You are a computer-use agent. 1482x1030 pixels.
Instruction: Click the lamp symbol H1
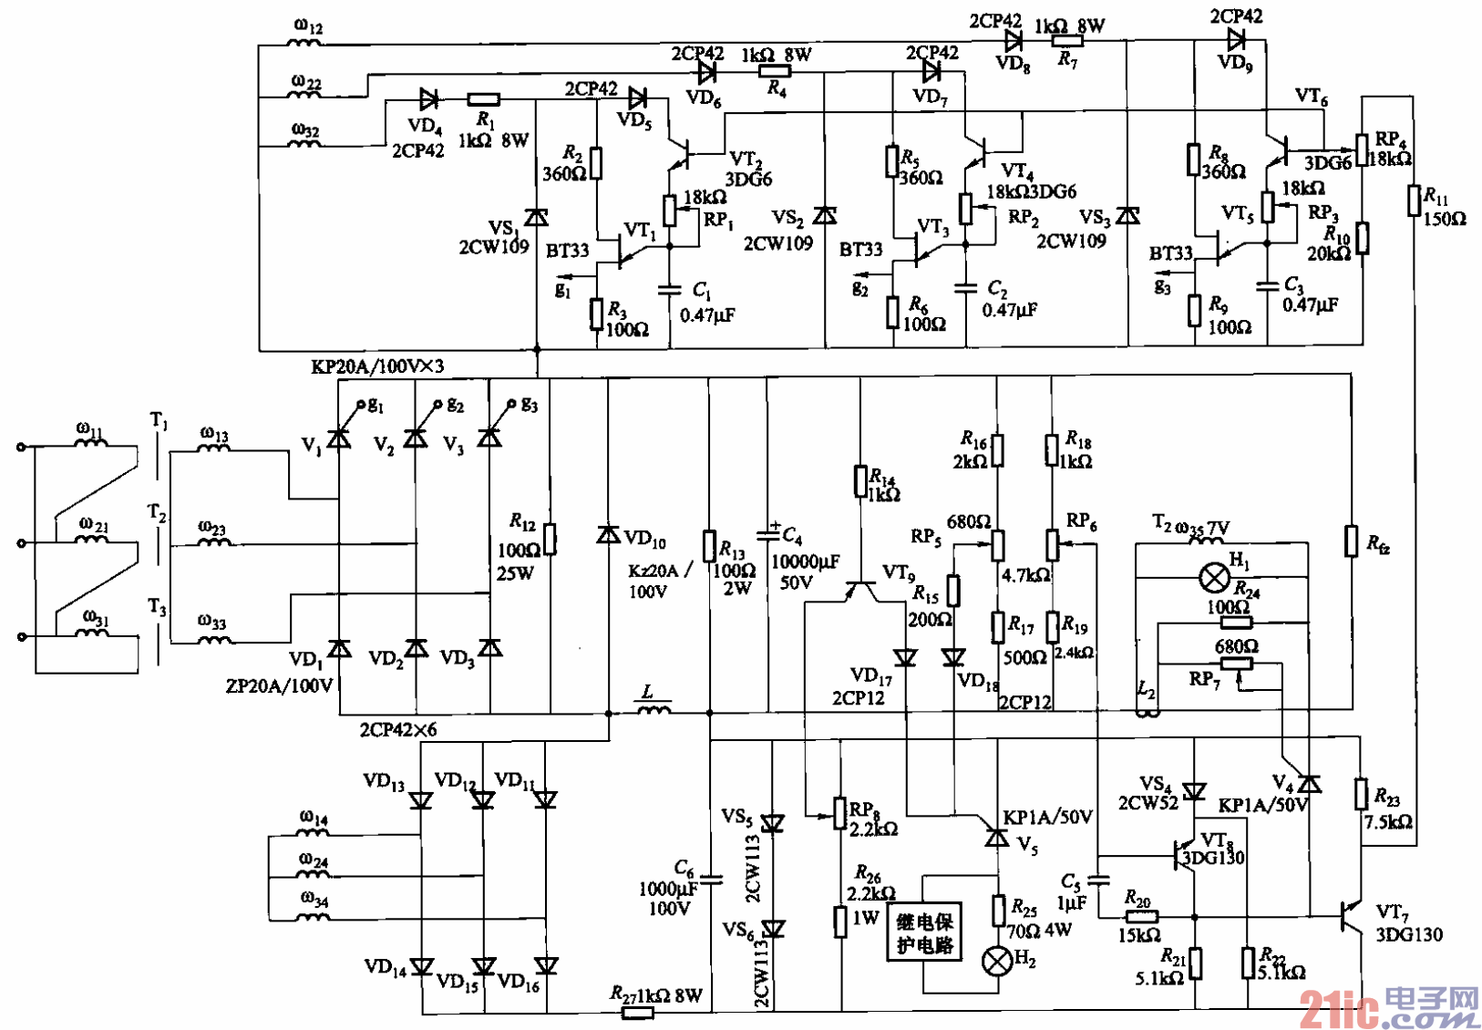click(1214, 577)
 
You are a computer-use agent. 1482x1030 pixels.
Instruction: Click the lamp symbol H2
click(996, 960)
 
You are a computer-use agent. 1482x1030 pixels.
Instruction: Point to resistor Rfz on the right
click(1352, 541)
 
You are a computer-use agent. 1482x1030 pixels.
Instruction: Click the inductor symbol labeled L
click(653, 708)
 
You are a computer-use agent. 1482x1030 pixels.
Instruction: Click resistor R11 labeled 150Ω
click(1414, 201)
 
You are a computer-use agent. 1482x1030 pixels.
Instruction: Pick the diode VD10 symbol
click(608, 535)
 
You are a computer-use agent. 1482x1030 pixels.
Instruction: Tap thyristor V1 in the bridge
click(339, 438)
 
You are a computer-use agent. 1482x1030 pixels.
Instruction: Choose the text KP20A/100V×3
click(377, 366)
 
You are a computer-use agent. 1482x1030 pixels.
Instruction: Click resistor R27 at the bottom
click(637, 1012)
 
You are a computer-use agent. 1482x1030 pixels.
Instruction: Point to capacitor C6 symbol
click(710, 880)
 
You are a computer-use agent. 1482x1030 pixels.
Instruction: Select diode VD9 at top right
click(1236, 39)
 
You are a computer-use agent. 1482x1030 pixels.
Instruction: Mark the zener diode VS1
click(537, 217)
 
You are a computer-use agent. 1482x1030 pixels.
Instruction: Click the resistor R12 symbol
click(550, 540)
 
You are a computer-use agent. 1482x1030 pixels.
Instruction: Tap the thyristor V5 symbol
click(996, 834)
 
